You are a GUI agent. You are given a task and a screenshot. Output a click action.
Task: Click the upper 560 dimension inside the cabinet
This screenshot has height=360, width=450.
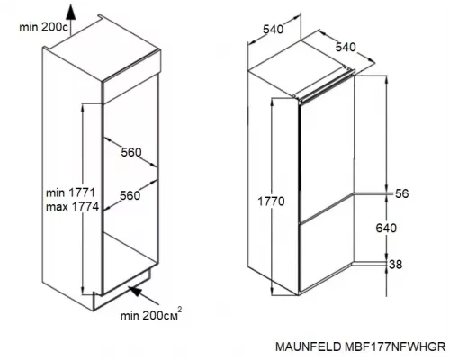(x=131, y=152)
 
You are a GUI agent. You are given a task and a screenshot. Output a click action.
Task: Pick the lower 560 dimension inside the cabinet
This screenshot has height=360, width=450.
(x=131, y=195)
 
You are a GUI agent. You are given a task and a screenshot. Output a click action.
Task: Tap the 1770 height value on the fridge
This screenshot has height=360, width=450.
(x=268, y=202)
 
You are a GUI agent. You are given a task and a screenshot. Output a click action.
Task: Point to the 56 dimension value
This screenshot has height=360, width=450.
(x=401, y=193)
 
